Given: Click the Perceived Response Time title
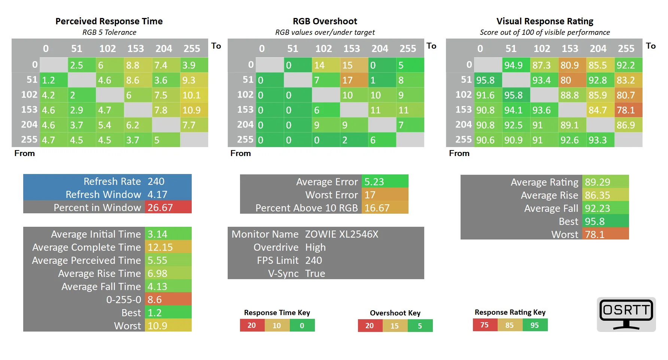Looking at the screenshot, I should [x=109, y=21].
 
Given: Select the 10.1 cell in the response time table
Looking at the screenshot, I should [x=194, y=95].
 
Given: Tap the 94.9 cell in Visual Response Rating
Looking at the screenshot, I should [x=516, y=65].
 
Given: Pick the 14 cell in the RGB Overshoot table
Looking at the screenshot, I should [x=325, y=65].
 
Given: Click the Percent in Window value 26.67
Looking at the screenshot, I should [x=168, y=207].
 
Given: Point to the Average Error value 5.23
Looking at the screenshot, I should [x=384, y=181].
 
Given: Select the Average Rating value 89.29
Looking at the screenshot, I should [x=605, y=182].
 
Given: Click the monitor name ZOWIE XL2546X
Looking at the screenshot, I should [x=341, y=234].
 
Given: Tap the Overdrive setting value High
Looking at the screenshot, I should [x=315, y=247].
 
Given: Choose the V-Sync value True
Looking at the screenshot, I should [x=315, y=274].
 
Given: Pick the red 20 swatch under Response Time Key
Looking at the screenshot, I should [x=252, y=325].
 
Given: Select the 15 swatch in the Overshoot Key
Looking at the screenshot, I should [x=395, y=326].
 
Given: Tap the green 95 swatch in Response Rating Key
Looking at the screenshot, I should [x=535, y=325].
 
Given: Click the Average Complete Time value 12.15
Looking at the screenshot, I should [x=168, y=247].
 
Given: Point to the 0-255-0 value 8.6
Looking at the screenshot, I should [x=168, y=299].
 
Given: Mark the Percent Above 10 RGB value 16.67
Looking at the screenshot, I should [x=384, y=208].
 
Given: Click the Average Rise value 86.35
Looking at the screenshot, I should [x=605, y=195].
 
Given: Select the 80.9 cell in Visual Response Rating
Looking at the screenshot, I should [x=572, y=65].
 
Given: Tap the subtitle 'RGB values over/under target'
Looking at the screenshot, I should [x=325, y=32].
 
